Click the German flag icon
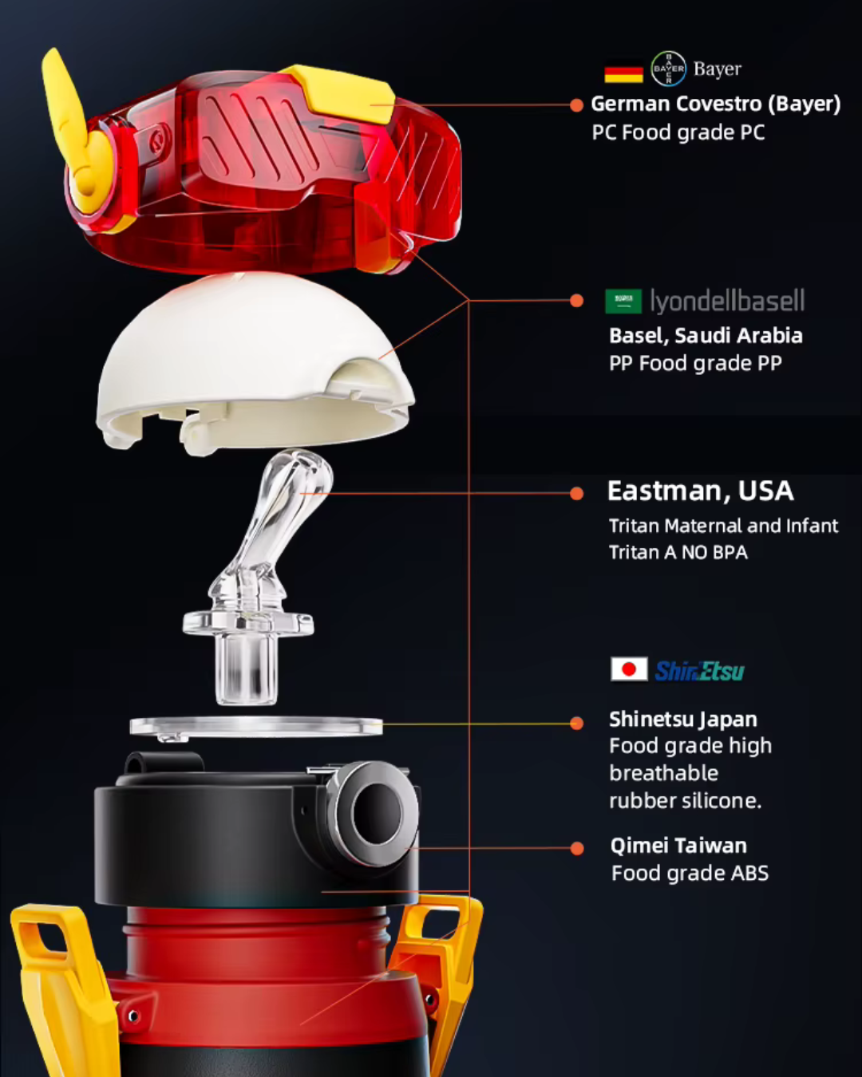[623, 74]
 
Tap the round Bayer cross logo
[668, 69]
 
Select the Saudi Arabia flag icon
[623, 302]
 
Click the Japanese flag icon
[629, 669]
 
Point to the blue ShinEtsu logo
[699, 671]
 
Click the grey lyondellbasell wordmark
[727, 302]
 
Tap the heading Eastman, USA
[700, 491]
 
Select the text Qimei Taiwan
[678, 846]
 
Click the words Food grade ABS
[690, 874]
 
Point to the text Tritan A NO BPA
[678, 552]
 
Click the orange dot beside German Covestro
[576, 105]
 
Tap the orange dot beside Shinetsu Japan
[576, 723]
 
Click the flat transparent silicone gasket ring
[255, 726]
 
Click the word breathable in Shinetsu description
[663, 773]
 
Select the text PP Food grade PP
[695, 364]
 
